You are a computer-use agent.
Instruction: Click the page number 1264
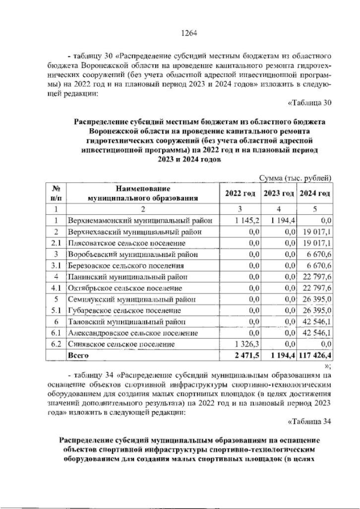(x=188, y=33)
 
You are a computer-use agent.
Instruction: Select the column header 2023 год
(x=279, y=193)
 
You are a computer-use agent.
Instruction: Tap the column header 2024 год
(x=315, y=193)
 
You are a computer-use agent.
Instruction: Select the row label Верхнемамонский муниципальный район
(x=140, y=220)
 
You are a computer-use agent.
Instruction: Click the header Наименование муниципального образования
(x=140, y=193)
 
